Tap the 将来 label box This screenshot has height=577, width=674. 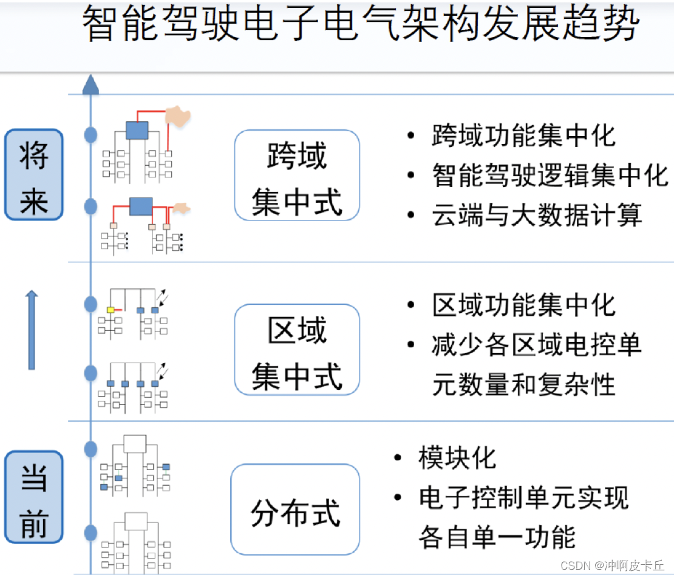[x=33, y=174]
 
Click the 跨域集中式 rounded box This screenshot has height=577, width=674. [x=297, y=175]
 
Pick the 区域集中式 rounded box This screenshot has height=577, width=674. [x=297, y=349]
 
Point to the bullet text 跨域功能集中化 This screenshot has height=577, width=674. [x=523, y=135]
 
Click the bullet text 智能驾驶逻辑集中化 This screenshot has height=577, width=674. [x=550, y=176]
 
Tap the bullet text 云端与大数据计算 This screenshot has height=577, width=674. [x=537, y=216]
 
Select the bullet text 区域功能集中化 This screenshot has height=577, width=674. [x=523, y=305]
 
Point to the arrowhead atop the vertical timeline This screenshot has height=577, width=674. [x=90, y=84]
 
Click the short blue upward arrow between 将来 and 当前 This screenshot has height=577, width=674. [x=32, y=330]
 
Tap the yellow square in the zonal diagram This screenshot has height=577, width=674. [x=111, y=310]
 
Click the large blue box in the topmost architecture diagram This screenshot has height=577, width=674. [x=137, y=129]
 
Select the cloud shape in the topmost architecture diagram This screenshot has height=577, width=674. [x=177, y=115]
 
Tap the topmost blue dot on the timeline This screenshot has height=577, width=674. [x=90, y=135]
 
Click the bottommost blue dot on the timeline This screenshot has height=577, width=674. [x=90, y=533]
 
